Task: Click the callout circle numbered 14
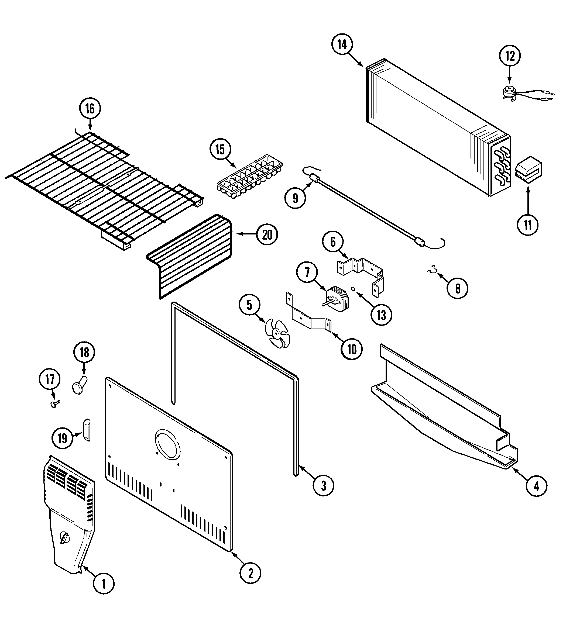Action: coord(342,45)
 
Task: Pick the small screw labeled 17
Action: coord(55,403)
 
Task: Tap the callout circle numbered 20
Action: coord(267,235)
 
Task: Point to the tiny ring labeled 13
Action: coord(353,289)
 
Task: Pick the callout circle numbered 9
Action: coord(295,198)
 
